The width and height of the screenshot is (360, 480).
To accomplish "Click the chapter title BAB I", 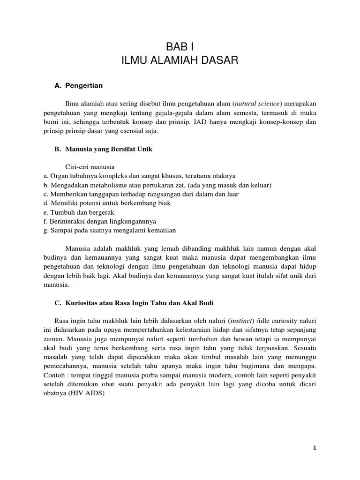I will point(180,47).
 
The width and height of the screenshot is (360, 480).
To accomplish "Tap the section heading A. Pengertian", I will point(79,86).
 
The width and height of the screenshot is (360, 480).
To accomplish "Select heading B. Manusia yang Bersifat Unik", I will point(104,149).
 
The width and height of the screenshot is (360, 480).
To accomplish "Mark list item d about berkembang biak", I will point(107,203).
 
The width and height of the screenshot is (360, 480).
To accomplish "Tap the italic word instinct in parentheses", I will point(241,321).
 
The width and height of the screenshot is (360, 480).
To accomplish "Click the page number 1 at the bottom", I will point(315,448).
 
